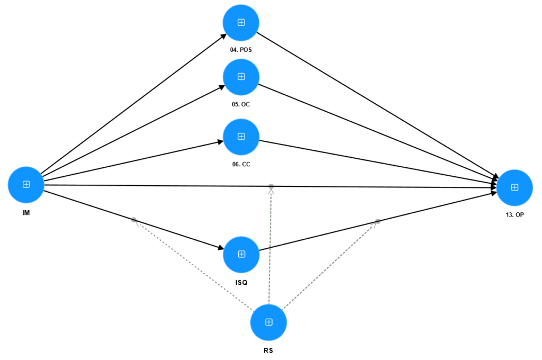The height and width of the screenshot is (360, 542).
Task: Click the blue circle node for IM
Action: tap(25, 184)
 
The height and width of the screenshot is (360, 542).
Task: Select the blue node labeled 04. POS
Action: tap(241, 22)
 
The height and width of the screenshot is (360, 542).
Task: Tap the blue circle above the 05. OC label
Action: tap(241, 77)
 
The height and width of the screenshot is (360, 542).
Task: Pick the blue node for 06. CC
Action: tap(241, 137)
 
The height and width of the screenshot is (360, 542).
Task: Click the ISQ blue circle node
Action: tap(241, 254)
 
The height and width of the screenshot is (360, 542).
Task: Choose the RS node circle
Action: tap(268, 322)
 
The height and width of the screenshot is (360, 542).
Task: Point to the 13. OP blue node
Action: tap(514, 187)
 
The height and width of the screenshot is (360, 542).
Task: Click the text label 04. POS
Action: tap(241, 50)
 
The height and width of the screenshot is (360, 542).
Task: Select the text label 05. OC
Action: tap(241, 104)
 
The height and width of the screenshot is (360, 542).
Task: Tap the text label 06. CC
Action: tap(241, 164)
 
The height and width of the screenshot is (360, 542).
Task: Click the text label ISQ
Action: tap(241, 283)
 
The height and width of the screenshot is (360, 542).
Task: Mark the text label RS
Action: tap(268, 350)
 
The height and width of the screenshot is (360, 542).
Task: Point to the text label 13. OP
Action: tap(514, 215)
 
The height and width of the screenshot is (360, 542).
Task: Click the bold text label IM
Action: tap(25, 213)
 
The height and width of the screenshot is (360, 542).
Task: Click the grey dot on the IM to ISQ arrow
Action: tap(134, 220)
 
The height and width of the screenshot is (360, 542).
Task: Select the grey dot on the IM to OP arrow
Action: tap(271, 186)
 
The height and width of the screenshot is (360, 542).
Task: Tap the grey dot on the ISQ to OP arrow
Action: tap(378, 221)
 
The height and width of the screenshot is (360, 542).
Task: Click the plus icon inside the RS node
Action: tap(268, 322)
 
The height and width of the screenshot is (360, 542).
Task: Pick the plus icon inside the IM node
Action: tap(25, 184)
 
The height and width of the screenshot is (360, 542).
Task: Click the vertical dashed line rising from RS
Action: tap(270, 249)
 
